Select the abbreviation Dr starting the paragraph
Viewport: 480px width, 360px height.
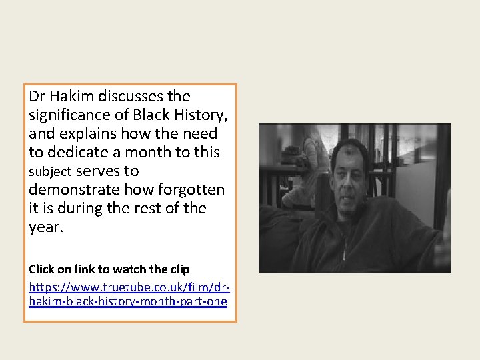(x=37, y=97)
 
